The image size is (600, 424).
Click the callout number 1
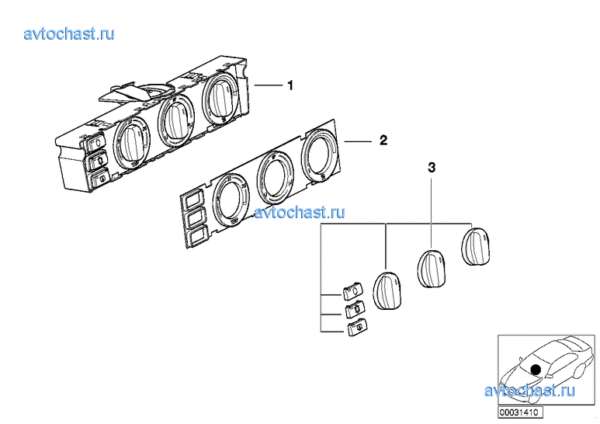tap(290, 85)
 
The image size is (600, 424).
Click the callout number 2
tap(383, 140)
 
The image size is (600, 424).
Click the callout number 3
tap(432, 167)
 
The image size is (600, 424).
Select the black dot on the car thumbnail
tap(536, 370)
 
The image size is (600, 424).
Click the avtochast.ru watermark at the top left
tap(69, 33)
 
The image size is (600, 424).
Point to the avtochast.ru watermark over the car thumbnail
tap(529, 391)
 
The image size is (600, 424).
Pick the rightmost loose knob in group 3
tap(476, 246)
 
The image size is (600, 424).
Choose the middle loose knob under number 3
tap(431, 268)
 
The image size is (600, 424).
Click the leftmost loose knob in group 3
tap(387, 290)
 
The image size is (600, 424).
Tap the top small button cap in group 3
tap(353, 291)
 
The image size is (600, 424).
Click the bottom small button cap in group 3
tap(357, 327)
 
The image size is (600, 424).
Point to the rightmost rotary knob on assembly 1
tap(220, 99)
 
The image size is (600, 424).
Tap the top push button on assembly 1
tap(96, 143)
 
